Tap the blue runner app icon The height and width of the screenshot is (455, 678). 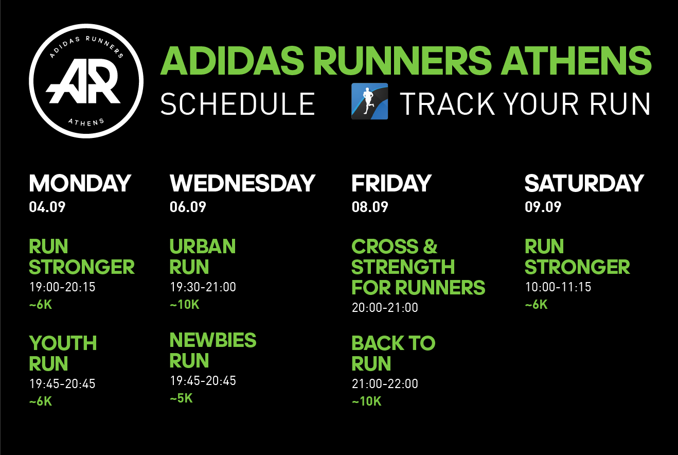(x=369, y=101)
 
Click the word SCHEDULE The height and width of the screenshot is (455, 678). (x=238, y=104)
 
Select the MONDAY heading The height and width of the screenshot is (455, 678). (x=80, y=183)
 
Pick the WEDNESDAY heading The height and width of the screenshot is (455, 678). (x=242, y=183)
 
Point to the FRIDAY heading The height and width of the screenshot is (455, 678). (x=391, y=183)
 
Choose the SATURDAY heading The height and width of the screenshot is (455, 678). (x=584, y=183)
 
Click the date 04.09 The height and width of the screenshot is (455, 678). (x=47, y=207)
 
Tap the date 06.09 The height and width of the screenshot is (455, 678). (x=188, y=207)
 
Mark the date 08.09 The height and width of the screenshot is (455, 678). (x=370, y=207)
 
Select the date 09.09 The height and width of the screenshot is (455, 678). (x=543, y=207)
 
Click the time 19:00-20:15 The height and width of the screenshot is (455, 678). (x=62, y=287)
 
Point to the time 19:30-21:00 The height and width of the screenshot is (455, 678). (x=203, y=287)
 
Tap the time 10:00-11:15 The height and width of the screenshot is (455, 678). (x=558, y=287)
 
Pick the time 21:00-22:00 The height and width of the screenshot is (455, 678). (x=385, y=384)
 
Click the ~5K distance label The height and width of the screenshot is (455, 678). (x=181, y=398)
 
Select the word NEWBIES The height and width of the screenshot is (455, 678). (x=213, y=340)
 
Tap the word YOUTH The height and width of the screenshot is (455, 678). (x=63, y=343)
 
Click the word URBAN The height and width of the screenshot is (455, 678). (x=203, y=246)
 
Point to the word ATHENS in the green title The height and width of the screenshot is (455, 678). (x=576, y=61)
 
